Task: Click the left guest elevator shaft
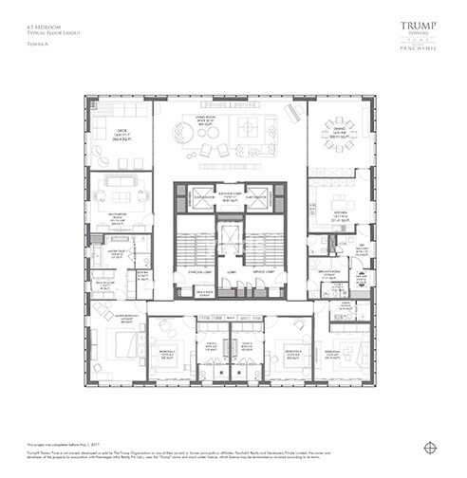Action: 203,198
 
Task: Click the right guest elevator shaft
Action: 256,198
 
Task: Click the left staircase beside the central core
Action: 188,246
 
